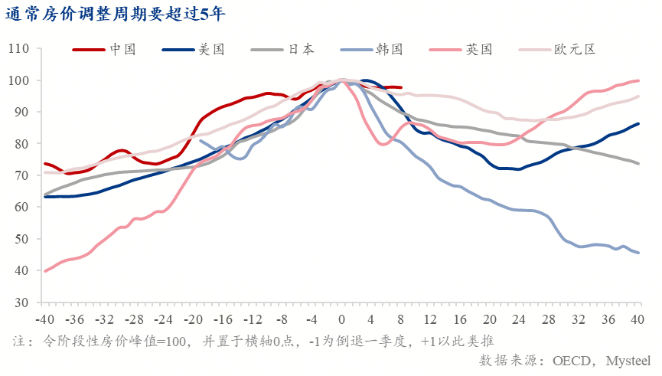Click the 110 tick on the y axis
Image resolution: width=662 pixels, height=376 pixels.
click(x=19, y=49)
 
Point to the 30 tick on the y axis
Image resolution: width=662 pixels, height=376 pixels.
click(x=22, y=302)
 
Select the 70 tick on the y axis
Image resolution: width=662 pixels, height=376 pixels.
click(x=22, y=175)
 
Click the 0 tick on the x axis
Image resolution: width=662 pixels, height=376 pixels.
click(x=341, y=319)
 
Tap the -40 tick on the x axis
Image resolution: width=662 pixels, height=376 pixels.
click(x=44, y=319)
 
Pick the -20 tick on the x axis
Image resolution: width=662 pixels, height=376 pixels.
click(x=192, y=319)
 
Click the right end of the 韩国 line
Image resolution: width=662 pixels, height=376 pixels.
click(x=639, y=253)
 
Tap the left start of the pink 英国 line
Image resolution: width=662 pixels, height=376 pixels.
click(x=45, y=271)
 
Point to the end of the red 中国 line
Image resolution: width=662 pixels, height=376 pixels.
click(x=401, y=88)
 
